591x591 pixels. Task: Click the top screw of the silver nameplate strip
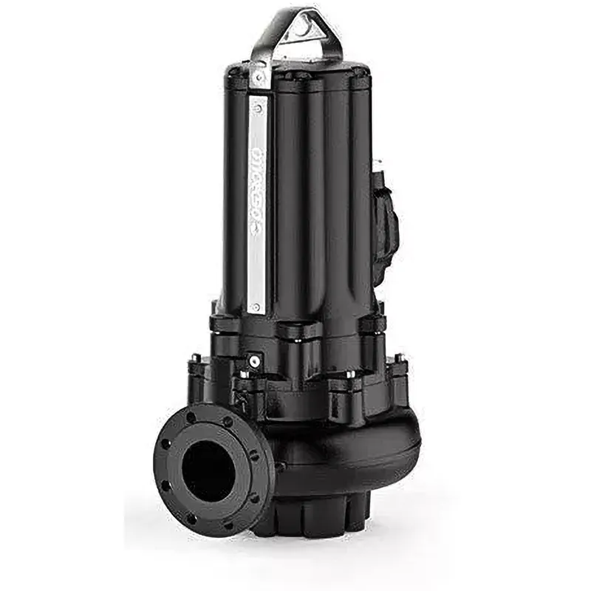tap(258, 108)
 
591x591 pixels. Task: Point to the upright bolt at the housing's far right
tap(400, 360)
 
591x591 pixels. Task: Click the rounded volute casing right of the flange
tap(347, 458)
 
